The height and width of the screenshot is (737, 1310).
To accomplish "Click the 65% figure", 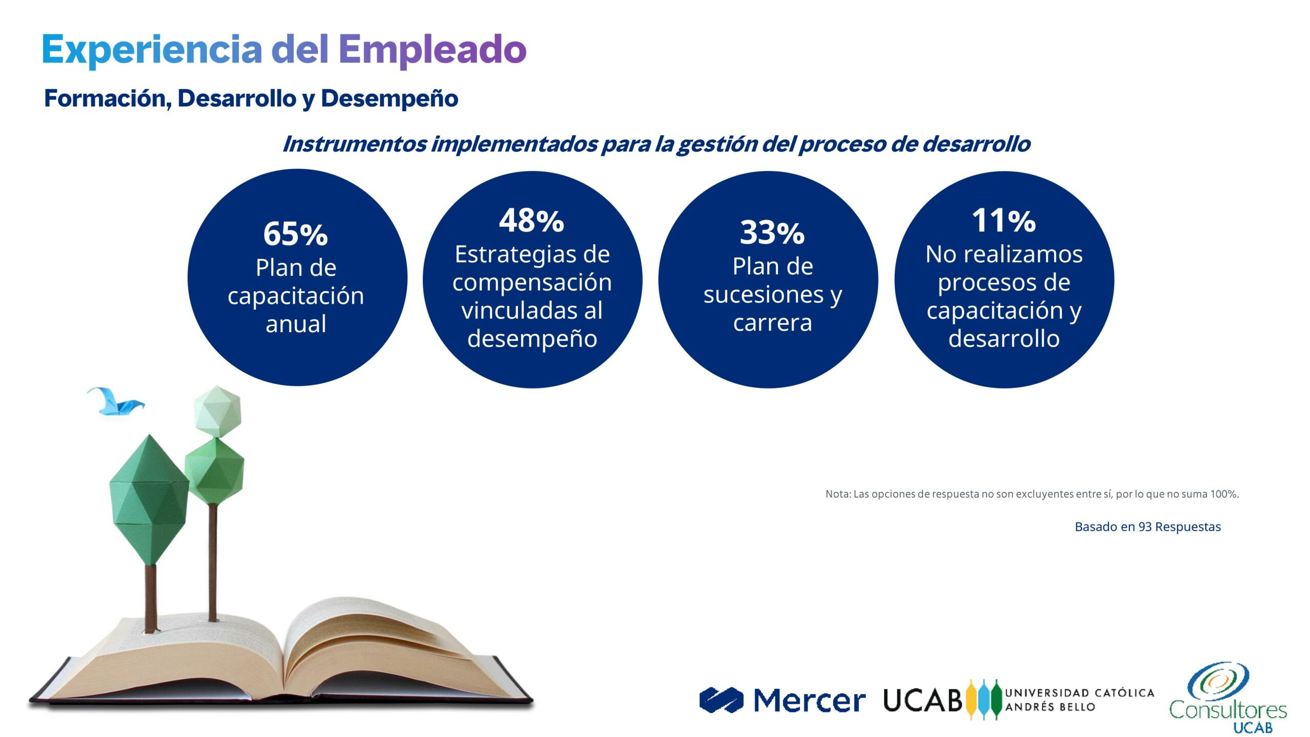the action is [x=295, y=234].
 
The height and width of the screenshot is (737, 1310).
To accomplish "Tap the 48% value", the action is [x=532, y=221].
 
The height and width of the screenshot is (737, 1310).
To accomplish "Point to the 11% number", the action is [x=1004, y=221].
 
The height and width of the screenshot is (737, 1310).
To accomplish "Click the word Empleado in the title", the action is [x=432, y=50].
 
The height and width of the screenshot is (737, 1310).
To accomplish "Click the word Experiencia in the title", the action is [x=152, y=50].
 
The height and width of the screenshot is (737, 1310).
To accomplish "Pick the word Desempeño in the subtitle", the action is [x=389, y=98].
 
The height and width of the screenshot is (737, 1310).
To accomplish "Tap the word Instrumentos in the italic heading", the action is [x=354, y=144].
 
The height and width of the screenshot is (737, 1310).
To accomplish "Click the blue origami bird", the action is [x=116, y=401].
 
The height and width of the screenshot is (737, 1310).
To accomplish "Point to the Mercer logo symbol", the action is [x=722, y=700].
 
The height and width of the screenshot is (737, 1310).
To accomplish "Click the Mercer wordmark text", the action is [x=810, y=700].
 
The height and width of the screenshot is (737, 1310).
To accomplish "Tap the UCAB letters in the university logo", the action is [x=923, y=700].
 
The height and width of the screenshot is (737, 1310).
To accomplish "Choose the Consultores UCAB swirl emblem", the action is [x=1218, y=681].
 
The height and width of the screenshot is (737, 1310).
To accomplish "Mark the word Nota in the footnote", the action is [x=838, y=494].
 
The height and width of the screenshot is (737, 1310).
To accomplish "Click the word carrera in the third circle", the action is [x=773, y=323].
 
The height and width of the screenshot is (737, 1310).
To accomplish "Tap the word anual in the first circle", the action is [x=296, y=324].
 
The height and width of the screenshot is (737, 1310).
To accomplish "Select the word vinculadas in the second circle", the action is [x=532, y=310].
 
